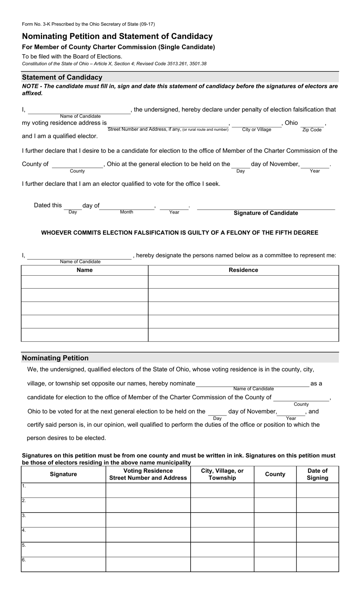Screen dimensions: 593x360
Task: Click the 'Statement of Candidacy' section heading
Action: point(62,77)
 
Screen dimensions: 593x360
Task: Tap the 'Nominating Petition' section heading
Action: point(55,358)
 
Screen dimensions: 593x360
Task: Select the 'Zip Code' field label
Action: point(312,130)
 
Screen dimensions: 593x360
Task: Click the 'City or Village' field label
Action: point(257,130)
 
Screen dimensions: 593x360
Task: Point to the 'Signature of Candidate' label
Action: point(266,213)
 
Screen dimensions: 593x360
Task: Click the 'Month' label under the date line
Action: point(127,212)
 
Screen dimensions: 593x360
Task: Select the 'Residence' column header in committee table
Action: point(243,270)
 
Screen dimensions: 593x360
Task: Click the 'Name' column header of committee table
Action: point(85,270)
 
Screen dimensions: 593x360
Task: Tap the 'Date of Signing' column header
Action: point(317,474)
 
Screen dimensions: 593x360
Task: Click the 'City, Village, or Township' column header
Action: point(222,474)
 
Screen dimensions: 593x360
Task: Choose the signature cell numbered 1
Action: point(63,490)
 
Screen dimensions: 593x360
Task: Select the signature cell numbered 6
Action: point(63,564)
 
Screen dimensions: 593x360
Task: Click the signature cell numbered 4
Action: point(63,535)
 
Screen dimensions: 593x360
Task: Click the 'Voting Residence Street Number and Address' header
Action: point(148,474)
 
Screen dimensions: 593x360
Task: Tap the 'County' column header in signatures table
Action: point(275,474)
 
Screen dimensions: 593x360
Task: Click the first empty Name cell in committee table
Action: point(85,282)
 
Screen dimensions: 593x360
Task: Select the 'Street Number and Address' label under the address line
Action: point(144,129)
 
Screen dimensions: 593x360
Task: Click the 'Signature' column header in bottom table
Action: point(63,474)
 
